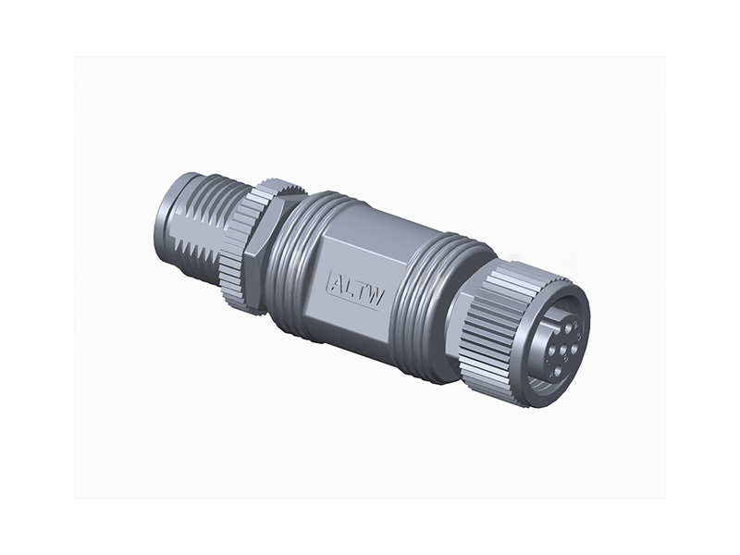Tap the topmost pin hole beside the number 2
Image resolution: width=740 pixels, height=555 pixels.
(568, 328)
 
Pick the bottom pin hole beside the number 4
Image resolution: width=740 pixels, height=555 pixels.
(558, 371)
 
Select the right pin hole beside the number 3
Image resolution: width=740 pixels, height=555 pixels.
(573, 349)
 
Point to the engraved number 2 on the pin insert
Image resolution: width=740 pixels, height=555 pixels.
(576, 326)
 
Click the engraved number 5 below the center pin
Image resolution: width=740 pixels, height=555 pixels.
(566, 359)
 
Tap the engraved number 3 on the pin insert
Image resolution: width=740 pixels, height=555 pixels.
(579, 337)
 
